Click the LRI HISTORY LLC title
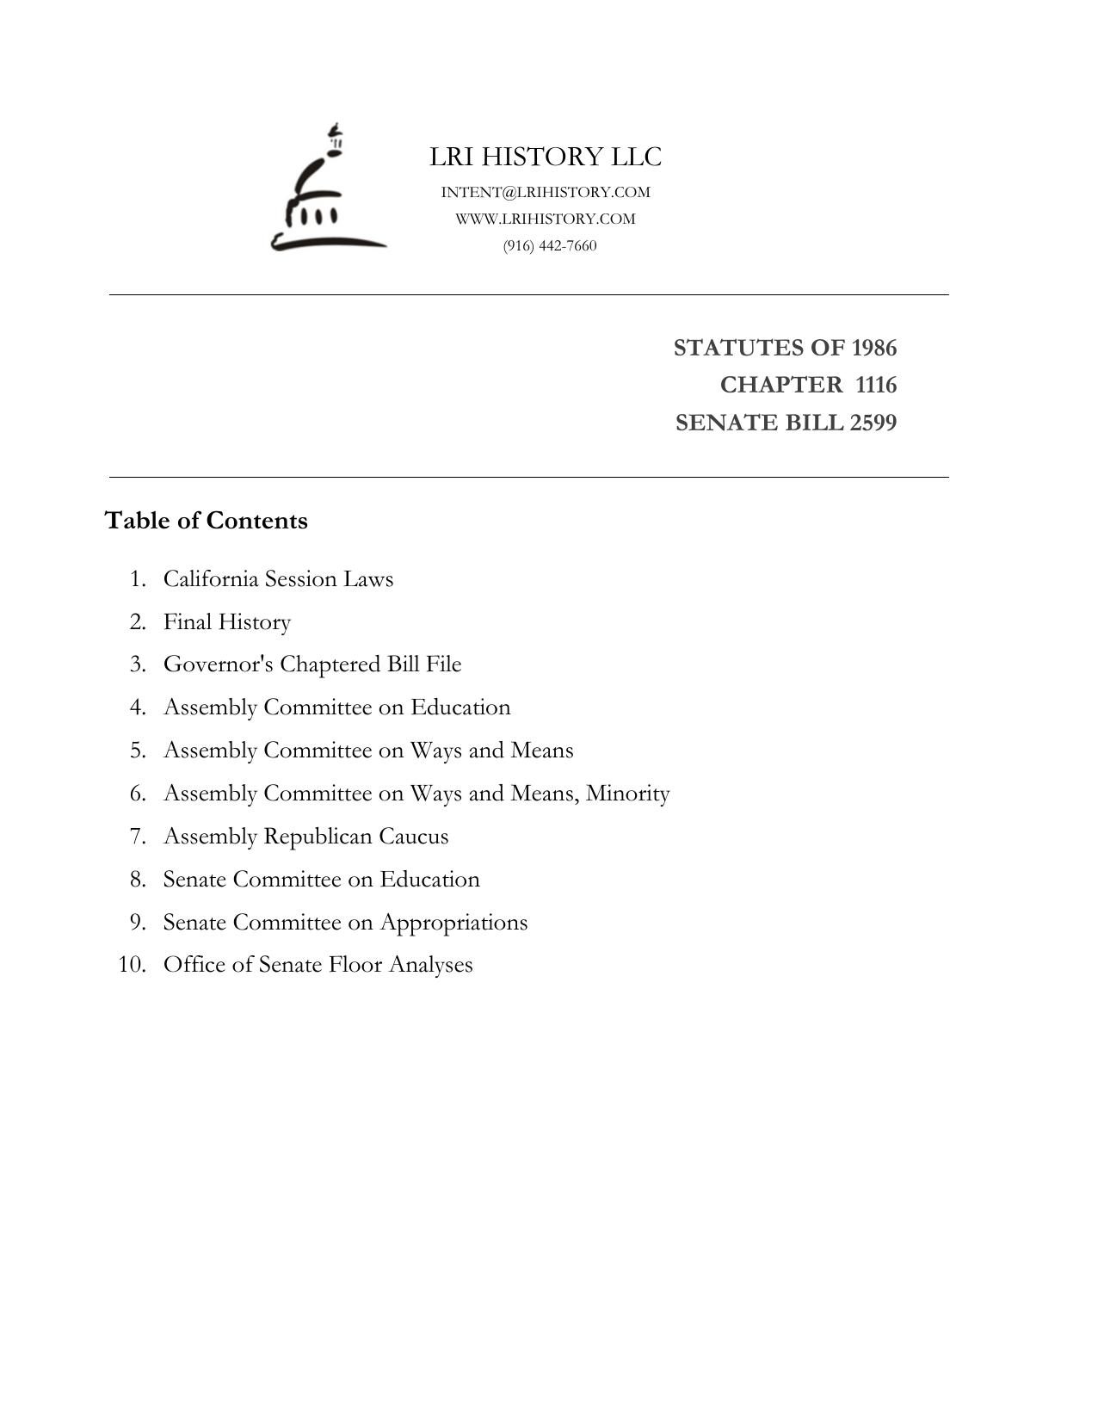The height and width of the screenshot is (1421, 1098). click(x=546, y=158)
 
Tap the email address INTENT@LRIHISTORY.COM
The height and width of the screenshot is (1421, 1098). click(x=546, y=192)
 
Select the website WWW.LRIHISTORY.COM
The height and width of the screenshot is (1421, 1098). click(x=546, y=219)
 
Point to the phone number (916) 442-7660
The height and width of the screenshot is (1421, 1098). click(x=550, y=246)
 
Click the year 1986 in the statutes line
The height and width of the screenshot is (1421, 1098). click(x=873, y=348)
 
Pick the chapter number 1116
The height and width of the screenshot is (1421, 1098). click(x=876, y=385)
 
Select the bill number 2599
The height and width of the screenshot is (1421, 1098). click(x=873, y=423)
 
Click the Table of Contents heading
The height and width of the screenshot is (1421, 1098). click(x=206, y=521)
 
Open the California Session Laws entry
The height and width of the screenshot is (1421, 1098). click(x=278, y=578)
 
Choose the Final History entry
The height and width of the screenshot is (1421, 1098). click(x=227, y=621)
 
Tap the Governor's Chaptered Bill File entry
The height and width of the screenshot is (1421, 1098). click(x=312, y=664)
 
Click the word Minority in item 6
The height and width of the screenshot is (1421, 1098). click(x=627, y=793)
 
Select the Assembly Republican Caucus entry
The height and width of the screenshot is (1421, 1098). click(x=305, y=836)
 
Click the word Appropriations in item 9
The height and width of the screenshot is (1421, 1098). click(x=453, y=923)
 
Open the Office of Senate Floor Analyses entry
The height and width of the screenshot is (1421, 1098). click(x=318, y=965)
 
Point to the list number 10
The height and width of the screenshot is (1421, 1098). click(x=132, y=965)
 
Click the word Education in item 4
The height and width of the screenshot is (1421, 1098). click(x=460, y=707)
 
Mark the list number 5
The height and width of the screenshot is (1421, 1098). click(x=139, y=751)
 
